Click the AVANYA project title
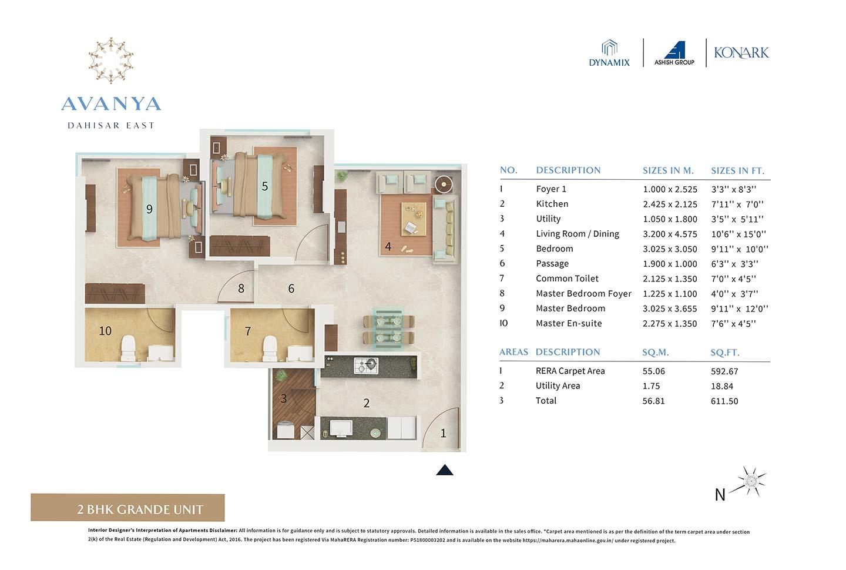[111, 104]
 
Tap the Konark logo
[741, 53]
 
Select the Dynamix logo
[609, 53]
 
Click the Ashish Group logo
[674, 53]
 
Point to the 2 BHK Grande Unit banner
[127, 509]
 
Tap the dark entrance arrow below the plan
[445, 470]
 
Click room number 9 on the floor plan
[149, 209]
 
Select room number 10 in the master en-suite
[105, 331]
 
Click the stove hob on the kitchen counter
[367, 366]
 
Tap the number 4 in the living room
[388, 247]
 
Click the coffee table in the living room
[414, 217]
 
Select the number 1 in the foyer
[443, 433]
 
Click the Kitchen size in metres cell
[670, 204]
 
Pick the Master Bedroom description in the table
[570, 309]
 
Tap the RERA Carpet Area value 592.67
[724, 371]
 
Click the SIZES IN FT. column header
[737, 170]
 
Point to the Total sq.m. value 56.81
[653, 401]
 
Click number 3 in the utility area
[283, 398]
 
